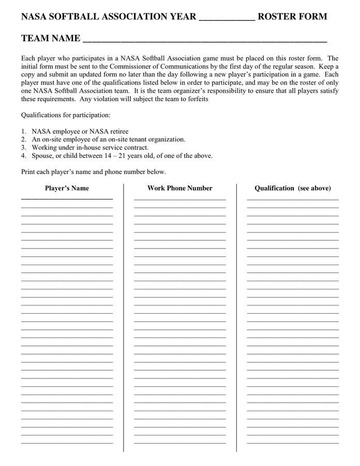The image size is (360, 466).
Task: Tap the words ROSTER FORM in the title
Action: pyautogui.click(x=292, y=17)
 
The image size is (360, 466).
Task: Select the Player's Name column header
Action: pyautogui.click(x=67, y=188)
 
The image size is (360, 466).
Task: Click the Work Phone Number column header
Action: pyautogui.click(x=179, y=188)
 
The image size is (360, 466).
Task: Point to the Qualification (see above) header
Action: pyautogui.click(x=292, y=188)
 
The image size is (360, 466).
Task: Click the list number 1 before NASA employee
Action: pyautogui.click(x=23, y=132)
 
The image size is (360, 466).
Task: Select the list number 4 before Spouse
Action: pyautogui.click(x=23, y=155)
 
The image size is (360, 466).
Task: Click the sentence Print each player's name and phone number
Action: pyautogui.click(x=93, y=172)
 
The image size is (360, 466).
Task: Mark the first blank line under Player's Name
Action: pyautogui.click(x=67, y=198)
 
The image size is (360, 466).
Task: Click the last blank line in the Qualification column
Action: pyautogui.click(x=292, y=443)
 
